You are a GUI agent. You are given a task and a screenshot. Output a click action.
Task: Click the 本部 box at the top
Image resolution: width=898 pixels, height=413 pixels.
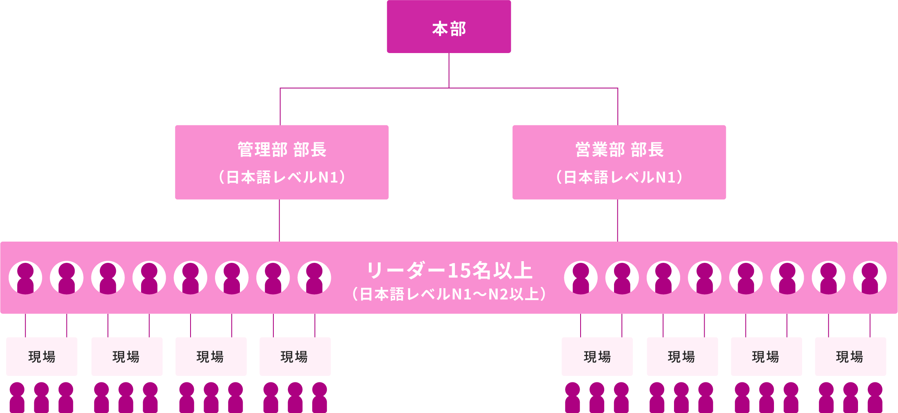click(x=449, y=27)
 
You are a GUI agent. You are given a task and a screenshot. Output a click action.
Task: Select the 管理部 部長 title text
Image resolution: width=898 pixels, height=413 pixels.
click(x=282, y=149)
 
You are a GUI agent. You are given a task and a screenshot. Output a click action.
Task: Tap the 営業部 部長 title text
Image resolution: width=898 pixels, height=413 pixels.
click(x=619, y=149)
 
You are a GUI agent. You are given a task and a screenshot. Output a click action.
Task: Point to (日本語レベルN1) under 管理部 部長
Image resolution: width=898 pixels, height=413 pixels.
click(x=282, y=177)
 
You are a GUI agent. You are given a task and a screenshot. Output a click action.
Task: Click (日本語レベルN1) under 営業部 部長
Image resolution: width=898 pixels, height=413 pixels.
click(x=619, y=177)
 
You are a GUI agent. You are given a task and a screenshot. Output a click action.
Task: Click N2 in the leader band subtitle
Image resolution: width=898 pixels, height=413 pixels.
click(x=498, y=294)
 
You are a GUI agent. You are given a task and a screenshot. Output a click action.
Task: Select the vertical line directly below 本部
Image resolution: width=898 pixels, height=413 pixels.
click(x=449, y=70)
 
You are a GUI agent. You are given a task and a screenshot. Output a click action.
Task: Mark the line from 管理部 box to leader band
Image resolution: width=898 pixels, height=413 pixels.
click(x=279, y=220)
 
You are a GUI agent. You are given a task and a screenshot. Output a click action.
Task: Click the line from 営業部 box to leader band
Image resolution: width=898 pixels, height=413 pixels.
click(x=617, y=220)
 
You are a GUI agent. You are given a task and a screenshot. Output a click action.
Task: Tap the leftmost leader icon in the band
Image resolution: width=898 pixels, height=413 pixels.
click(x=25, y=278)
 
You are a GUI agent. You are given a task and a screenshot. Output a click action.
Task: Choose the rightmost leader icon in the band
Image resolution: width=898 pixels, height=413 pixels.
click(x=869, y=278)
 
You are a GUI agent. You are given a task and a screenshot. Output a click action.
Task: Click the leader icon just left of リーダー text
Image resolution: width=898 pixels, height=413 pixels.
click(x=314, y=278)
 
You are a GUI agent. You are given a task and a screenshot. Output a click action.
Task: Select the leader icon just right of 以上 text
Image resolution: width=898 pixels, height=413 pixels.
click(x=581, y=278)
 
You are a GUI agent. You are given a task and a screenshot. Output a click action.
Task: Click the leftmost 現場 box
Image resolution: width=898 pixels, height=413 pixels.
click(x=42, y=356)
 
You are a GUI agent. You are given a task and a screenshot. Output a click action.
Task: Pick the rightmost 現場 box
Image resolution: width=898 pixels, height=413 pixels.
click(x=850, y=356)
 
